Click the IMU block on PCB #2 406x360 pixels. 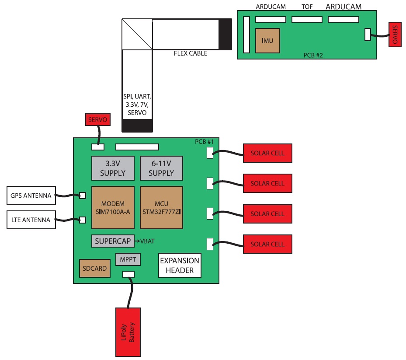tap(267, 41)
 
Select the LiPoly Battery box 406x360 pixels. tap(128, 332)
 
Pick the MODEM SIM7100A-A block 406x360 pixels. tap(113, 207)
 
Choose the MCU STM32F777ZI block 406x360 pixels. tap(161, 207)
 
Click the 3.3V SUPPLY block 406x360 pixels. tap(113, 168)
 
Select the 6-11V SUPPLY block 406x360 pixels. tap(161, 168)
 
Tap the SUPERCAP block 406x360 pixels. tap(113, 241)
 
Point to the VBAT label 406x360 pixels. tap(147, 241)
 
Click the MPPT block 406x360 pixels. tap(128, 260)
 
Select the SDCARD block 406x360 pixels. tap(95, 269)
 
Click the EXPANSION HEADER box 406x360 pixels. tap(180, 266)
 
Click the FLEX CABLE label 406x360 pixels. tap(191, 53)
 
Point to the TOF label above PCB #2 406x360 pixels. tap(307, 7)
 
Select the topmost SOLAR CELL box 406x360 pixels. tap(267, 153)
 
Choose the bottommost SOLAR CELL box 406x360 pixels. tap(267, 244)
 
